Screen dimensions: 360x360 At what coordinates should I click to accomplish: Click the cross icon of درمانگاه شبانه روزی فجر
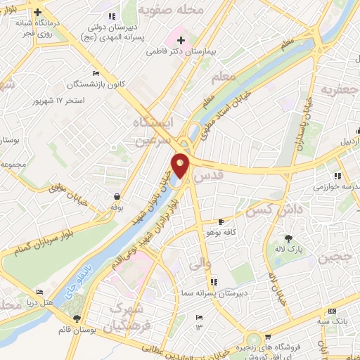point(38,12)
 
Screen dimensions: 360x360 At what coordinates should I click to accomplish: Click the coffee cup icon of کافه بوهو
point(221,221)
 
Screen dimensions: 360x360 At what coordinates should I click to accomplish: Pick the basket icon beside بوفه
point(116,197)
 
